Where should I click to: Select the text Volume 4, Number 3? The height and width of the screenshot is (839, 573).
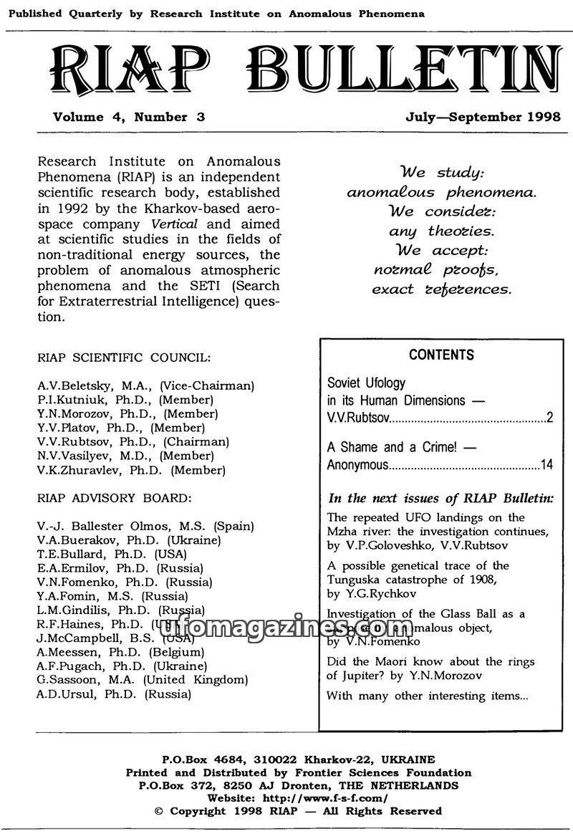[129, 118]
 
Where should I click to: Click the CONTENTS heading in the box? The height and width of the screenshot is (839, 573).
[441, 355]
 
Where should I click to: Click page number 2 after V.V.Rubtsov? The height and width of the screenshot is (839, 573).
[549, 418]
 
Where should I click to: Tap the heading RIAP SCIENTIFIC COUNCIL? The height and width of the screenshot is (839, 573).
[123, 357]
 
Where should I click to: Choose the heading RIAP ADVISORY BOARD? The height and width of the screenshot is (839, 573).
[114, 497]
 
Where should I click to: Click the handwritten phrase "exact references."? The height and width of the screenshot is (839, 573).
[441, 289]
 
